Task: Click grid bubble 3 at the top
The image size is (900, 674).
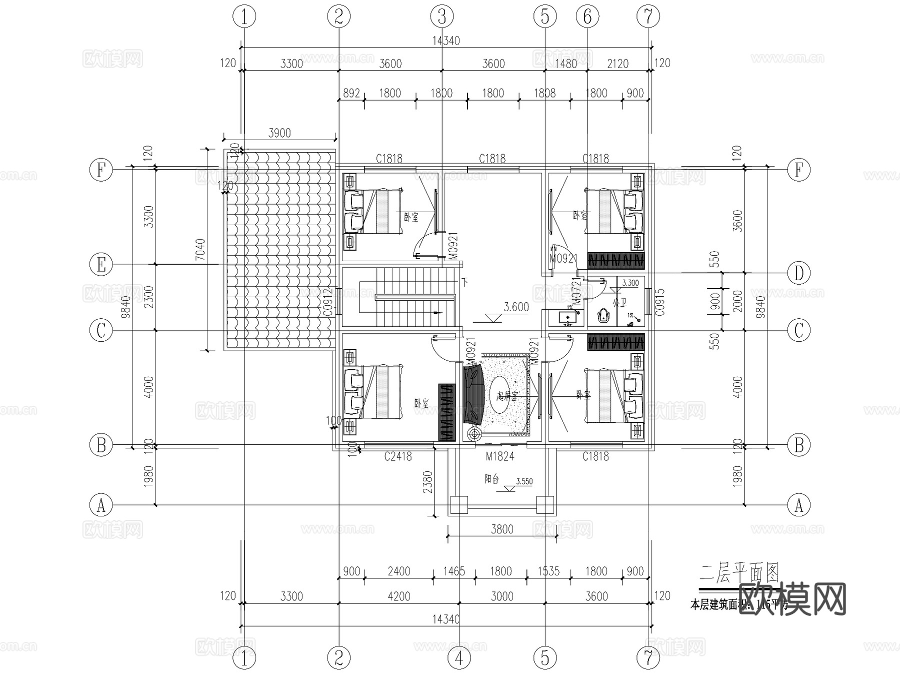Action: click(x=441, y=17)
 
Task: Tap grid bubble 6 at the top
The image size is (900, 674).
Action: click(x=587, y=17)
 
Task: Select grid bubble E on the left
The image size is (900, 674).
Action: click(x=101, y=264)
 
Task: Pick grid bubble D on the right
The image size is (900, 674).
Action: click(x=798, y=273)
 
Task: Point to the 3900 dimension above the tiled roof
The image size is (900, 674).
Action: click(x=279, y=133)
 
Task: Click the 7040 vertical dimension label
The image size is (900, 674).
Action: click(x=200, y=250)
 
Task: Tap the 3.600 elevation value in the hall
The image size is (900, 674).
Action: click(x=516, y=307)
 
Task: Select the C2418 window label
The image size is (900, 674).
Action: click(x=398, y=456)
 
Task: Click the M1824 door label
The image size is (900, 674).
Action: click(x=500, y=456)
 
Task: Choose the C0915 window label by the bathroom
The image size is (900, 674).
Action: click(x=660, y=302)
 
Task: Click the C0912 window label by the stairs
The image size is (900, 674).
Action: click(x=328, y=302)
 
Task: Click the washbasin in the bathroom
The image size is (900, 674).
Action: click(x=568, y=317)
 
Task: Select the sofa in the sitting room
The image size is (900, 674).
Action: click(x=473, y=395)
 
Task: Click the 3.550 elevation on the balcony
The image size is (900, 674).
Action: click(x=524, y=481)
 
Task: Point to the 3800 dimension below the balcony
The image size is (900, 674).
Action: click(x=501, y=529)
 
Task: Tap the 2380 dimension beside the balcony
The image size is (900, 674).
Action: click(x=427, y=482)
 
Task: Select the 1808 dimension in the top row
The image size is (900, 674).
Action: click(x=544, y=93)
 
